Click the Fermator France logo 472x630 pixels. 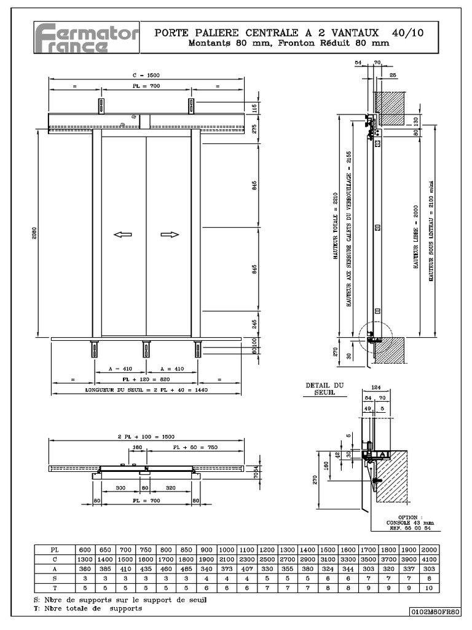click(x=85, y=38)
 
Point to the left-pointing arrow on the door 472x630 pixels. click(x=123, y=234)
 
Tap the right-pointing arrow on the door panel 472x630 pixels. click(x=170, y=234)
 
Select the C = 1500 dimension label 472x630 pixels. click(x=146, y=74)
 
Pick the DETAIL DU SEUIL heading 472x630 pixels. click(x=324, y=389)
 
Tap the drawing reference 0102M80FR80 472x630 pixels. click(x=436, y=611)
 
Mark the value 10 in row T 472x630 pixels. click(x=429, y=588)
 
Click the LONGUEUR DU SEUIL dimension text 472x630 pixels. click(x=146, y=390)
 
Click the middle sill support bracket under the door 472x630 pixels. click(x=146, y=349)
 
